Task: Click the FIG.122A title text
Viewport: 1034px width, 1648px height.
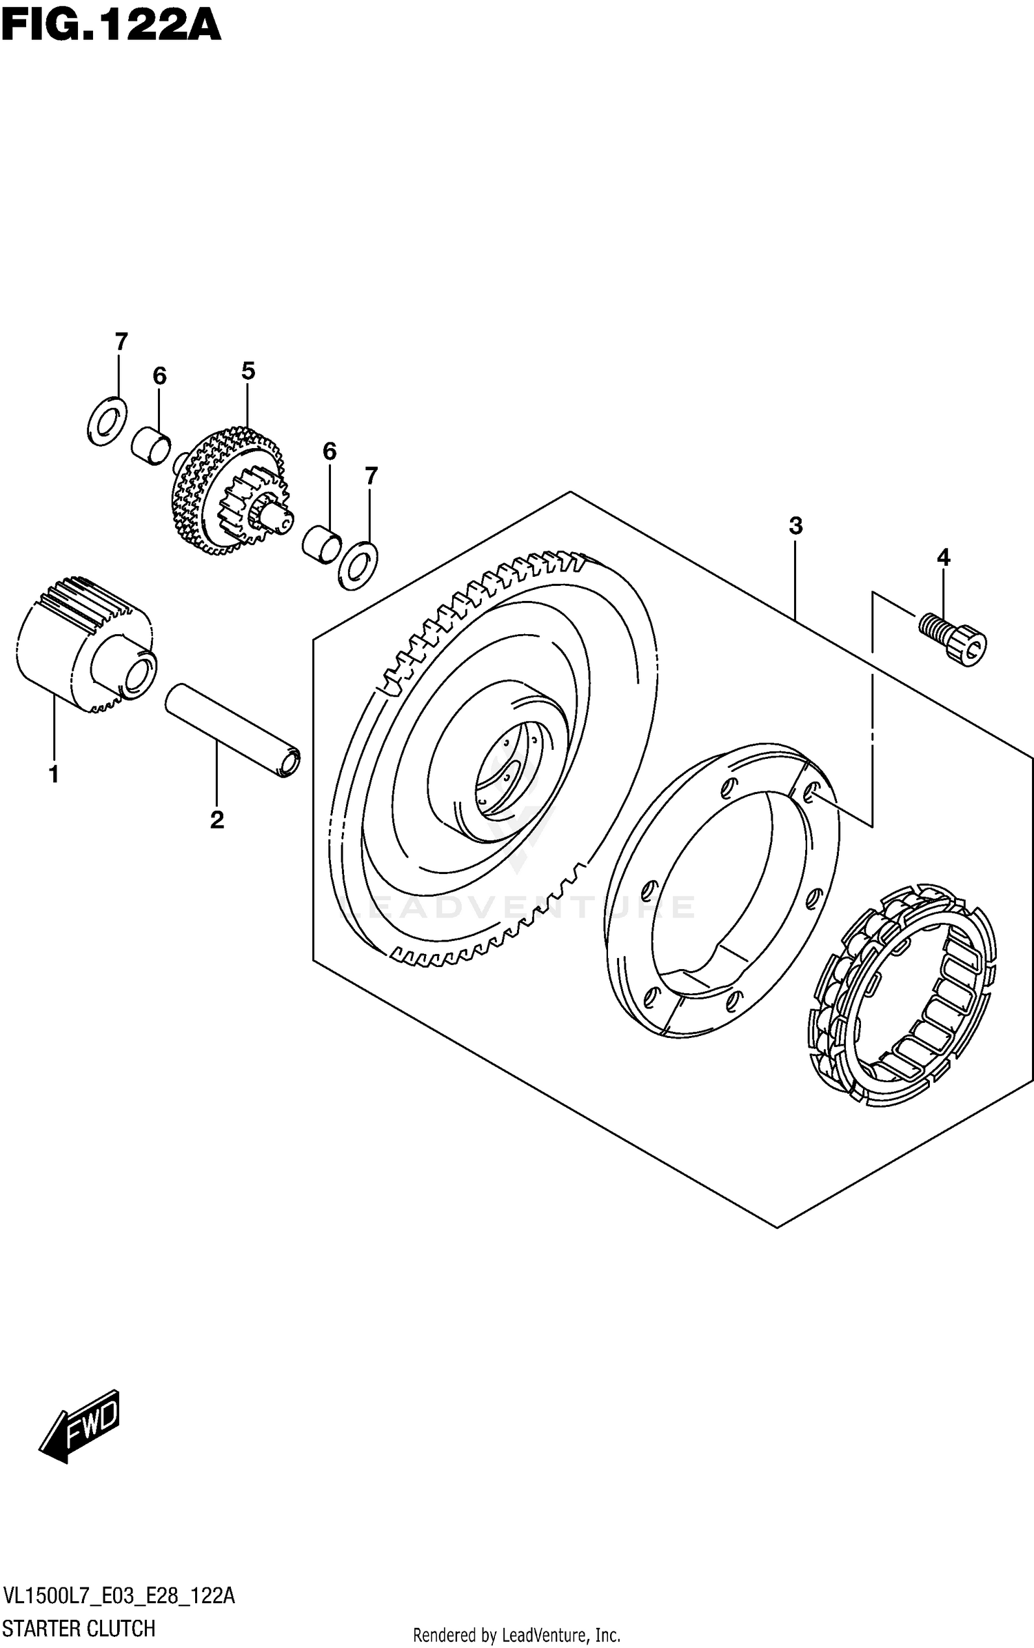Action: click(110, 26)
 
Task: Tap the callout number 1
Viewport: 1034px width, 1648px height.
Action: click(54, 774)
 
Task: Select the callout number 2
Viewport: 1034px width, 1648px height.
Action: click(216, 820)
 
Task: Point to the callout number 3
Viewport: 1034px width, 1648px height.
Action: click(795, 526)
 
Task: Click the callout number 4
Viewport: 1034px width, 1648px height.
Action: click(943, 557)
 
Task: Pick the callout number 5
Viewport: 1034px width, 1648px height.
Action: click(248, 372)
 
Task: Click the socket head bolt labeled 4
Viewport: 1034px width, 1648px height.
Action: click(954, 638)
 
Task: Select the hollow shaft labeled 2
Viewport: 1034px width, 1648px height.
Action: click(233, 731)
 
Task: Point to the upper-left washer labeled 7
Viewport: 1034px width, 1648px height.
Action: click(108, 421)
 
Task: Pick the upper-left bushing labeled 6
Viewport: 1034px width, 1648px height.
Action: click(151, 445)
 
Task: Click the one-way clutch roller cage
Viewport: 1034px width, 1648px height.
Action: click(902, 991)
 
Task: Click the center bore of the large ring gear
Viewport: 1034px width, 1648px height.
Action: click(507, 779)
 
